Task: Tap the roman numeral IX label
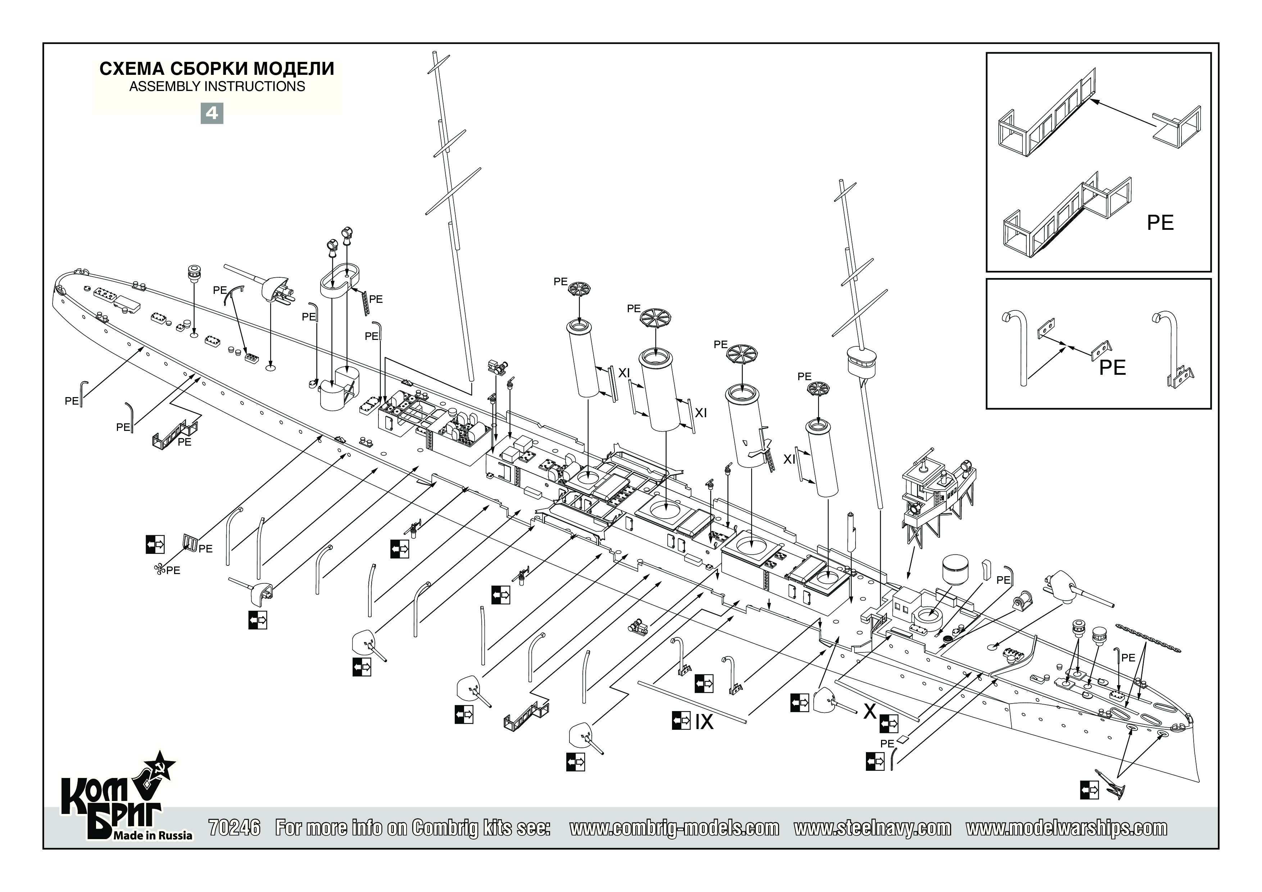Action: (704, 722)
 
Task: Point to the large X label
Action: (870, 711)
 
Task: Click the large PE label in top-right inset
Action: (1160, 223)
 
